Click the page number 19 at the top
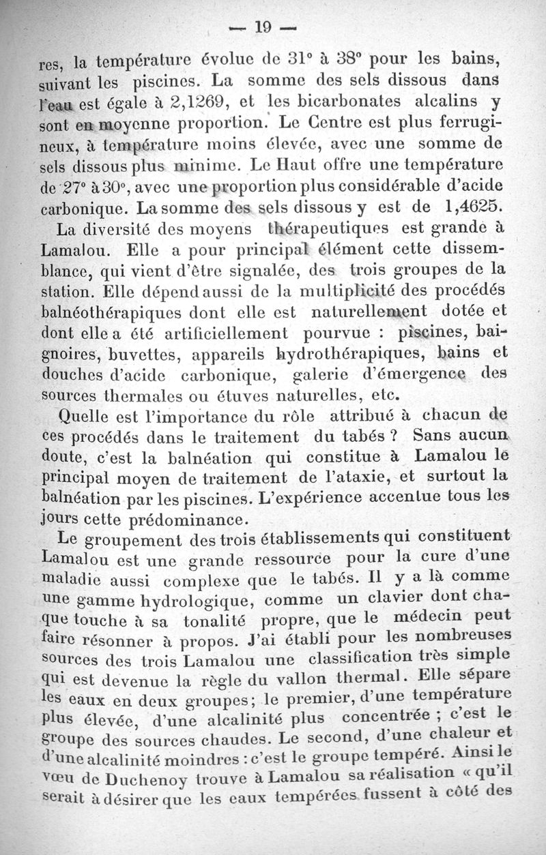pyautogui.click(x=263, y=27)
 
